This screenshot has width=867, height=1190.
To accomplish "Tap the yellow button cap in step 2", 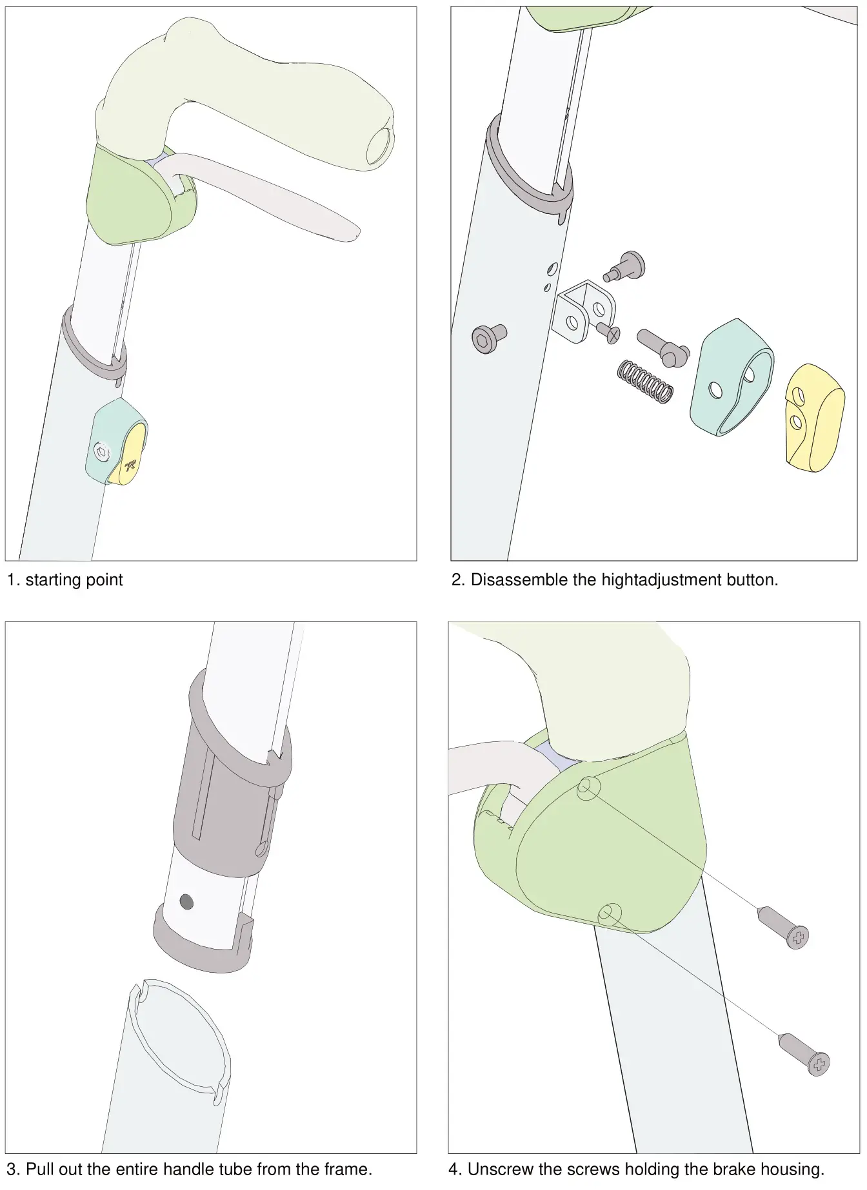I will tap(815, 417).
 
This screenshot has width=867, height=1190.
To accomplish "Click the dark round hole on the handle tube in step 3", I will tap(187, 901).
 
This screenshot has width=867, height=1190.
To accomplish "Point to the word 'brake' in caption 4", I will tap(733, 1169).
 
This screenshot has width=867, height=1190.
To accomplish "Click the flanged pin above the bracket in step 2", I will tap(626, 266).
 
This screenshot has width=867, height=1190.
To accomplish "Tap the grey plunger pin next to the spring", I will tap(663, 347).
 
